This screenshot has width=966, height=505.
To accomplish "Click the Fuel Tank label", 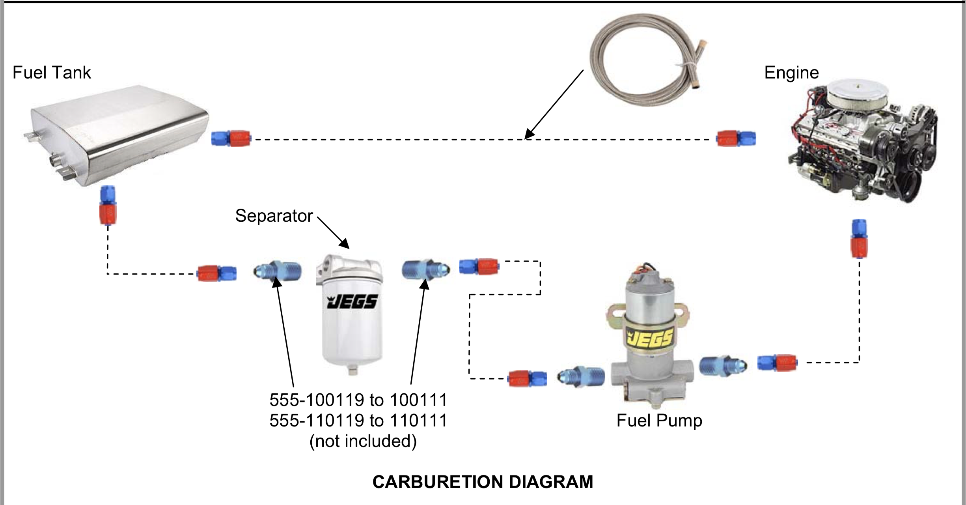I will pos(52,73).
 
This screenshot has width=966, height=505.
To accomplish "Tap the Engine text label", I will pos(791,73).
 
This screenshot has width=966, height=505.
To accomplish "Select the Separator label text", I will pos(274,216).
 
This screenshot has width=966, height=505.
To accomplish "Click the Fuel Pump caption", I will pos(659,421).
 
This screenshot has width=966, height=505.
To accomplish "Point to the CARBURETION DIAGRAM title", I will pos(483,482).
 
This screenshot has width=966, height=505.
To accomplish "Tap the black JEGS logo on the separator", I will pos(352,302).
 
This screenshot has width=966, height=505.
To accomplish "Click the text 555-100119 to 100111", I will pos(358,400).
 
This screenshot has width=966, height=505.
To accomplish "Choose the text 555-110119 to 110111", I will pos(358,421).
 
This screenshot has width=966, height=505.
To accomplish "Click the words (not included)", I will pos(363,441).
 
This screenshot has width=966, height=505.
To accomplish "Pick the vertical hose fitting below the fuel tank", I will pos(108,205).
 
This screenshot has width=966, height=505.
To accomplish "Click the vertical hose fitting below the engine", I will pos(859,239).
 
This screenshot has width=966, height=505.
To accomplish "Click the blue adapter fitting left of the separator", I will pos(277,271).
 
